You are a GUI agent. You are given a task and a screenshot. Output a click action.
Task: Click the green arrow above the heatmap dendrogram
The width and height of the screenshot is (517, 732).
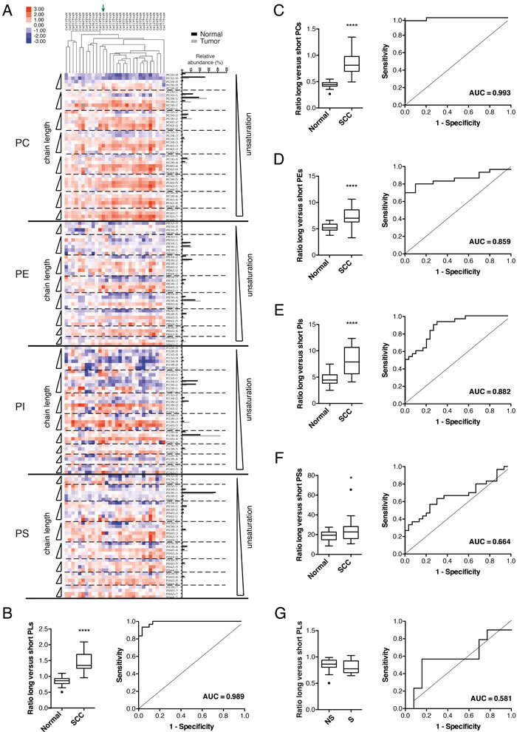tap(103, 8)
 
